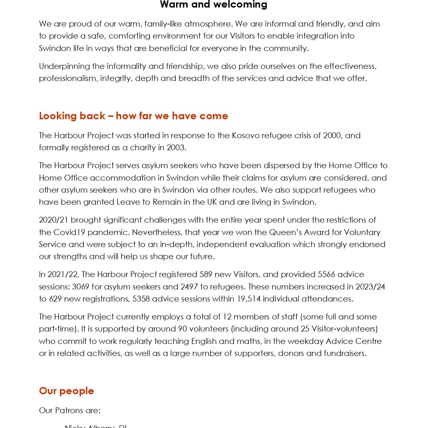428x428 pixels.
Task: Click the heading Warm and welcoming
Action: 214,4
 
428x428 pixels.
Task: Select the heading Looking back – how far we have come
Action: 133,116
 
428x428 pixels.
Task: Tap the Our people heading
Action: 67,391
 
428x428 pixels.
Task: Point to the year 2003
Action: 175,147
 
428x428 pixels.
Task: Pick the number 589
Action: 208,274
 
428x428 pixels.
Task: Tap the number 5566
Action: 326,274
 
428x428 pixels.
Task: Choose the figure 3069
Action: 81,287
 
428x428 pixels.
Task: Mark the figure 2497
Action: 189,287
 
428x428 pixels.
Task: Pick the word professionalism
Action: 68,79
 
